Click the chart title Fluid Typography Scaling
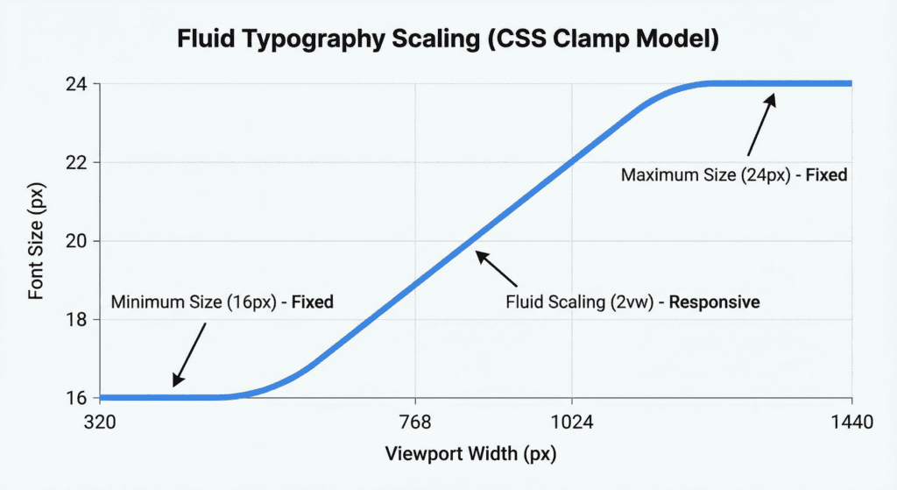coord(448,39)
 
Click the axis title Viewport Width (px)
coord(471,455)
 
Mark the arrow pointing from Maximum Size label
coord(761,126)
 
